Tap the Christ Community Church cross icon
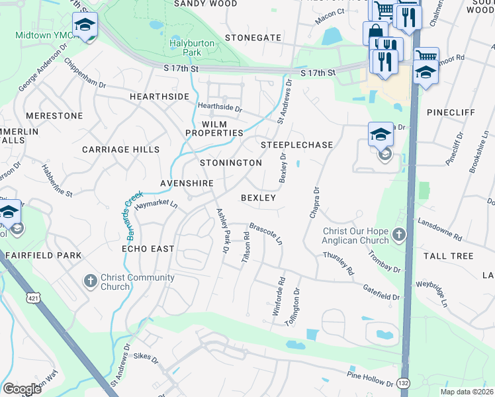tap(91, 281)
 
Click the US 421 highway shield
tap(32, 299)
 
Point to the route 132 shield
tap(404, 383)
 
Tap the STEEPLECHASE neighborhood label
tap(296, 144)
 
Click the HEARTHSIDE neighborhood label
tap(159, 97)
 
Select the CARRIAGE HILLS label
tap(121, 150)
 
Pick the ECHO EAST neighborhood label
tap(148, 249)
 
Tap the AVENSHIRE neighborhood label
tap(187, 183)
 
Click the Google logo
tap(22, 388)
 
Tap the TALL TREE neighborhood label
tap(450, 256)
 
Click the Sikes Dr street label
tap(146, 361)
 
